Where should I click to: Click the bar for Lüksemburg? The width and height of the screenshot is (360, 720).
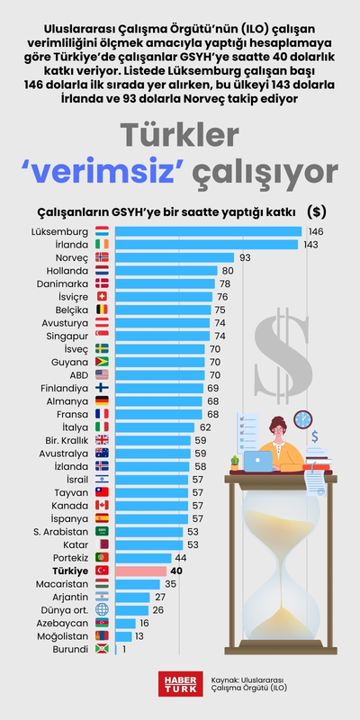point(208,231)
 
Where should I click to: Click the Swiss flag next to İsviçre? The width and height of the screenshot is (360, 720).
point(102,296)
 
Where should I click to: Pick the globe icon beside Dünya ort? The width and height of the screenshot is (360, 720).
point(102,609)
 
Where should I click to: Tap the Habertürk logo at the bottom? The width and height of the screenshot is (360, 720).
point(177,683)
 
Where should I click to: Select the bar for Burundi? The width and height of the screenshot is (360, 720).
point(117,649)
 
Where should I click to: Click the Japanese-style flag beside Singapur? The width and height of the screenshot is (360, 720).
point(102,336)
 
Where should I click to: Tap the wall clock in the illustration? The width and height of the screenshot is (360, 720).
point(302,419)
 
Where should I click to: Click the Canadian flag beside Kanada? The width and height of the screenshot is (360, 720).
point(102,505)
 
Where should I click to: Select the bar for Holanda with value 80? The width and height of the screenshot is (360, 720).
point(166,270)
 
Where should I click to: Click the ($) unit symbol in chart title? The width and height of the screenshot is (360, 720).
point(316,211)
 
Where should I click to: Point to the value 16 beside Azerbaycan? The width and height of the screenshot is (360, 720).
point(144,623)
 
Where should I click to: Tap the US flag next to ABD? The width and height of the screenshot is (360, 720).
point(102,374)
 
